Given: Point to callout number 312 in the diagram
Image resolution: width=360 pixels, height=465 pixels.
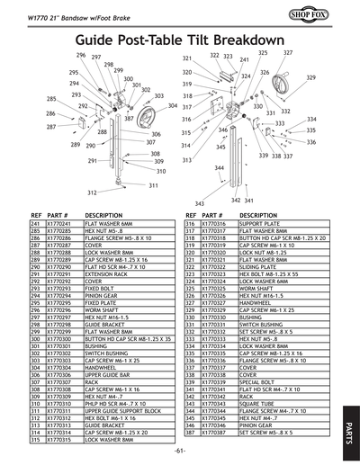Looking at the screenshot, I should [92, 192].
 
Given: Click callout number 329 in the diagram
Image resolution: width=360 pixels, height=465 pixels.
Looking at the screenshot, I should [310, 78].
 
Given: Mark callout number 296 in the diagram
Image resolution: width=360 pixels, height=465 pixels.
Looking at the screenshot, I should [80, 56].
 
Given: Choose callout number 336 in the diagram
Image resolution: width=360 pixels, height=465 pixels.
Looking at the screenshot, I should [311, 141].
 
